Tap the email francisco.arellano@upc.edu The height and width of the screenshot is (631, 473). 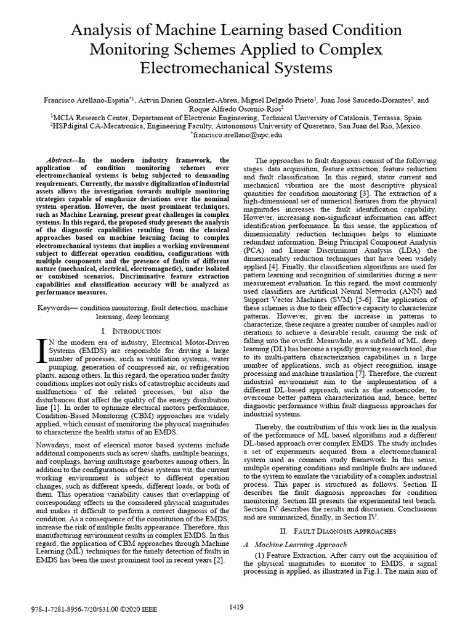(236, 134)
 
